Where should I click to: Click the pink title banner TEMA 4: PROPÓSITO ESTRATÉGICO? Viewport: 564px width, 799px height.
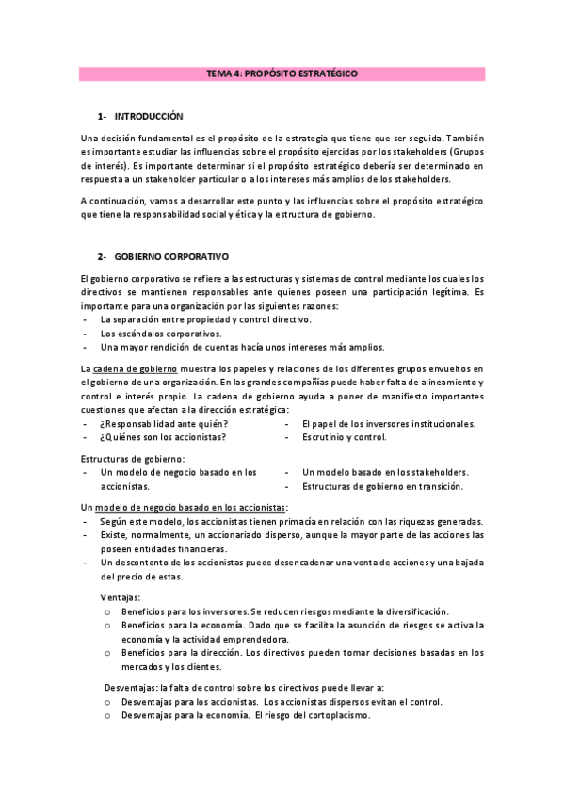coord(282,73)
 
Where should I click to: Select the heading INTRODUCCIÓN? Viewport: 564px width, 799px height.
coord(148,116)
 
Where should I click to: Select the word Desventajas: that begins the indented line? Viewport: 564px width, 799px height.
coord(132,688)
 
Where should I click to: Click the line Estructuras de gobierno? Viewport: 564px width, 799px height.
coord(133,458)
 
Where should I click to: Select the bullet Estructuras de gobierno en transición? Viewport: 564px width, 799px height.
coord(382,486)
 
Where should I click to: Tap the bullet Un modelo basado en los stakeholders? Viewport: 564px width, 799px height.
coord(385,472)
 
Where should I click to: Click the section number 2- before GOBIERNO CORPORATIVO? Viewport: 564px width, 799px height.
coord(102,256)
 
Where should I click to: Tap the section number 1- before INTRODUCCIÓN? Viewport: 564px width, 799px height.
coord(102,116)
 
